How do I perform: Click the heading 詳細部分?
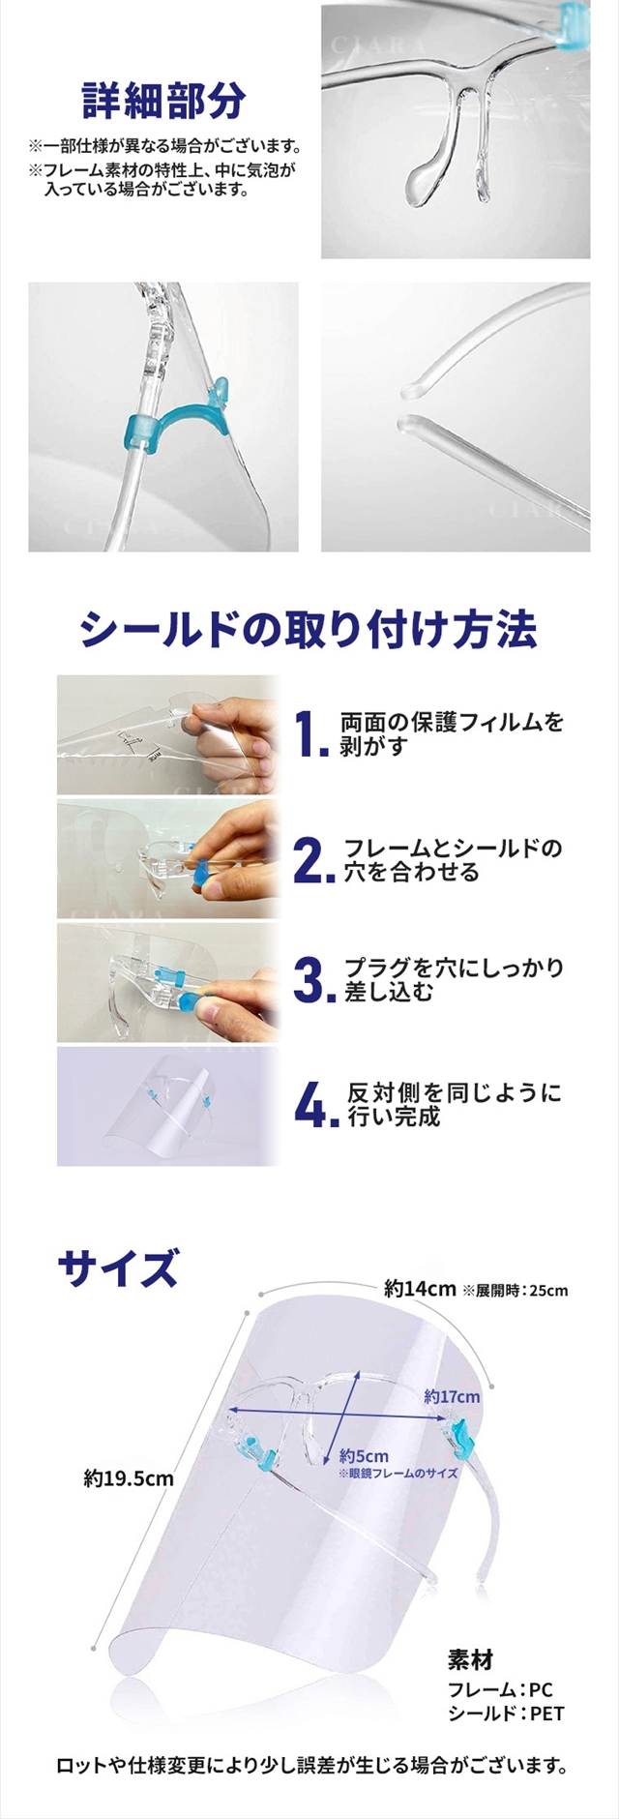click(163, 99)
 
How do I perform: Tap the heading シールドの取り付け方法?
click(309, 630)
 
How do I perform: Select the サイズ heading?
click(118, 1266)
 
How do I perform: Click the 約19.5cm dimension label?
click(129, 1478)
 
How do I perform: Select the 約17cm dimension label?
click(452, 1396)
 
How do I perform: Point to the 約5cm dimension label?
click(364, 1455)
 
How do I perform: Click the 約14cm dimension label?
click(420, 1289)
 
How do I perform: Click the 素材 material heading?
click(470, 1660)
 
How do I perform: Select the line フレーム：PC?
click(500, 1689)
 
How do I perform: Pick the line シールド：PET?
click(506, 1714)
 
